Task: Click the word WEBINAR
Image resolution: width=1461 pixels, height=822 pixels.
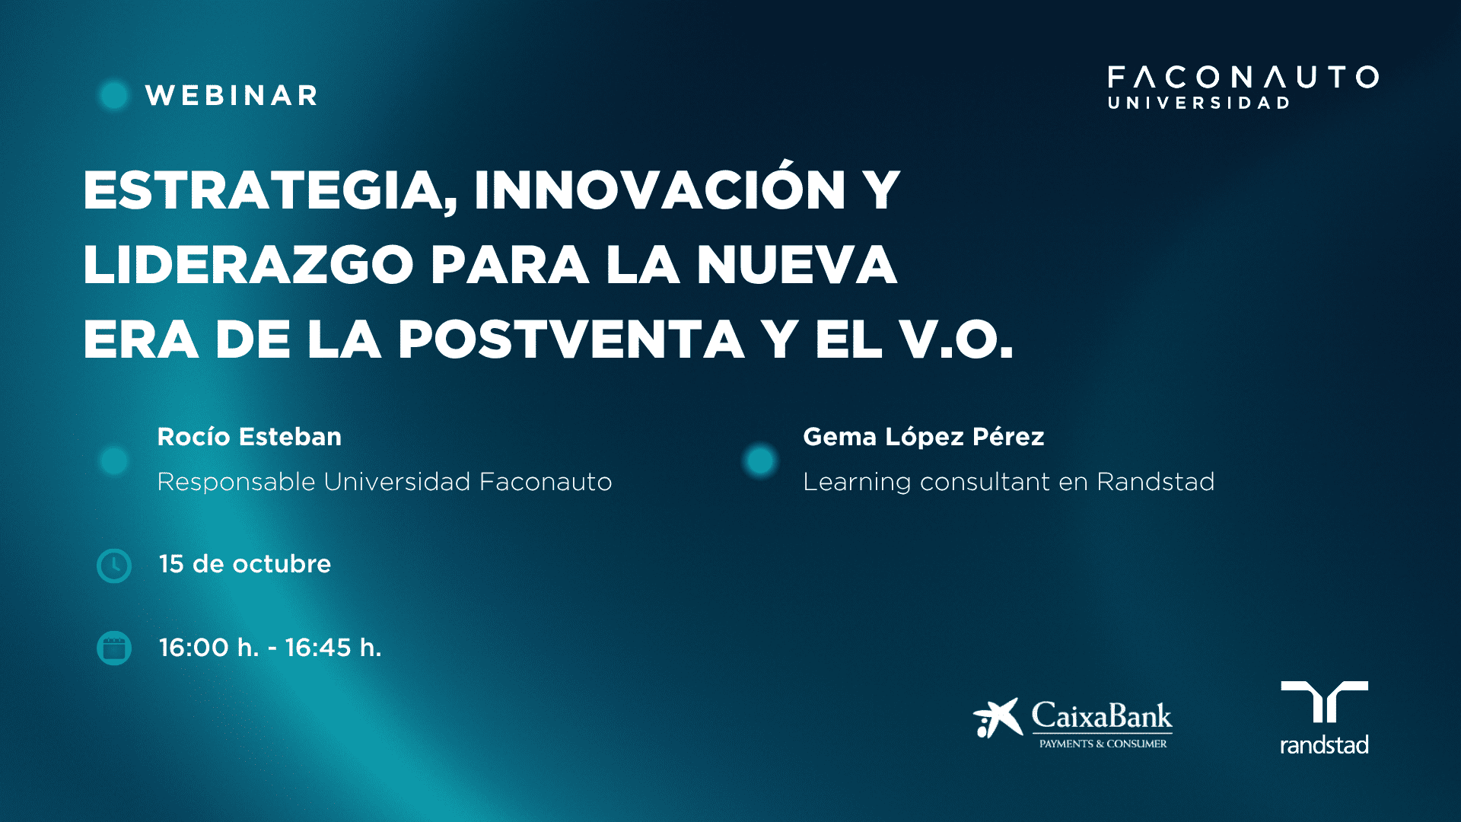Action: click(x=231, y=95)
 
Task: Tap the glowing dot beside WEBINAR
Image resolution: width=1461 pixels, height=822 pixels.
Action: click(x=114, y=95)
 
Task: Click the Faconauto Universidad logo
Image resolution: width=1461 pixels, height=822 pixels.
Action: click(x=1243, y=88)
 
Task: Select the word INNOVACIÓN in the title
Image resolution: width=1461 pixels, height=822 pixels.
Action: click(x=660, y=190)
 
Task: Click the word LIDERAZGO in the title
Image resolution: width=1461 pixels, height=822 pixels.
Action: click(x=248, y=265)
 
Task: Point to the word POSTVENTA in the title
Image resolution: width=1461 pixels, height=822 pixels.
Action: click(x=571, y=339)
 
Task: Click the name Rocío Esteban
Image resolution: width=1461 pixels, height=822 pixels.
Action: click(x=250, y=437)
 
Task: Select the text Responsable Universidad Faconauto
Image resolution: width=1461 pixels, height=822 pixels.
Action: click(x=384, y=482)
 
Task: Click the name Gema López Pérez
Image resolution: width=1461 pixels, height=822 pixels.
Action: click(x=924, y=437)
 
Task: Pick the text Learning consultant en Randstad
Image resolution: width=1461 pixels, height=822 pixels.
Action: click(x=1009, y=482)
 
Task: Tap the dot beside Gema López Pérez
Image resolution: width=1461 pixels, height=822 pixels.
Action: click(x=760, y=460)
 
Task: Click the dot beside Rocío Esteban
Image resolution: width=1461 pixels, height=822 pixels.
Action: click(x=114, y=460)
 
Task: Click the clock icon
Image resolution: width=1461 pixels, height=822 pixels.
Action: click(x=114, y=566)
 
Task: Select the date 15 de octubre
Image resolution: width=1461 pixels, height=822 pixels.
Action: click(x=245, y=564)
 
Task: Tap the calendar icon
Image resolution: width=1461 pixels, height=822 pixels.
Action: click(x=114, y=648)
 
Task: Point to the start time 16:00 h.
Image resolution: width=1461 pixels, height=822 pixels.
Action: click(x=209, y=648)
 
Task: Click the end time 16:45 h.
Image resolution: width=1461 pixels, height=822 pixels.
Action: click(x=333, y=648)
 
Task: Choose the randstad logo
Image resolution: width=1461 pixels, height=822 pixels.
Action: click(x=1324, y=718)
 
